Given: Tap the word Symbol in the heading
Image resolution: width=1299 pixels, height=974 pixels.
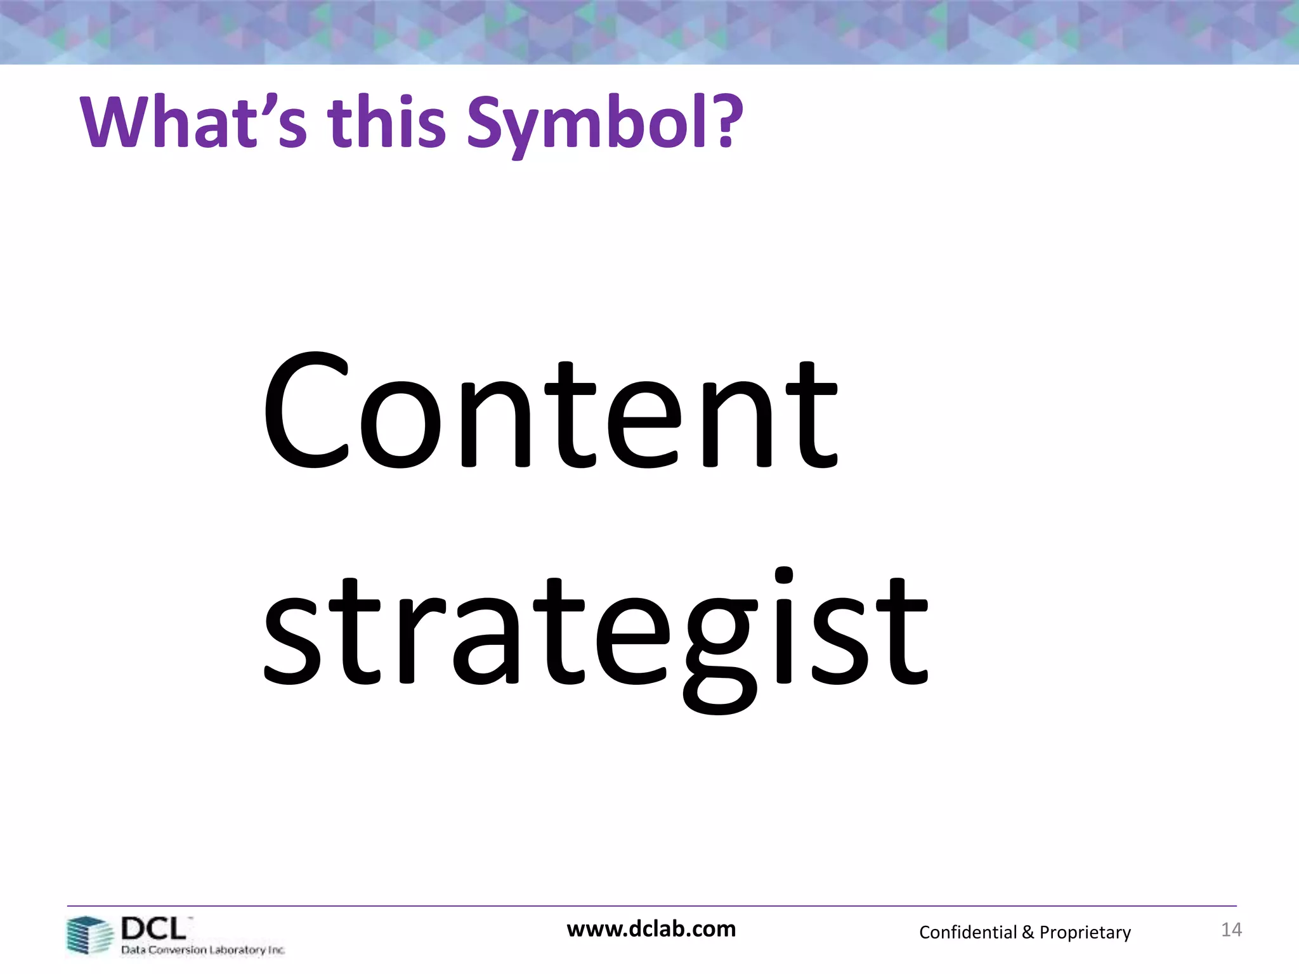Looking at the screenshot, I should click(593, 124).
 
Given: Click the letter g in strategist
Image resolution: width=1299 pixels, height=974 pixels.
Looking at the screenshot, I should click(720, 647).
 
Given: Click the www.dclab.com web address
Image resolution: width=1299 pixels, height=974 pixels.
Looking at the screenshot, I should click(651, 929).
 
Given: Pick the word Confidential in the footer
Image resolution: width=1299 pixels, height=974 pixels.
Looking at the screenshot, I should click(967, 932).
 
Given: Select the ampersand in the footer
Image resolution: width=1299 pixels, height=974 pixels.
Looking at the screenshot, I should click(1027, 932).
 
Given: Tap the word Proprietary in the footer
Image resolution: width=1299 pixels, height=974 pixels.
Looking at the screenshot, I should click(1085, 932).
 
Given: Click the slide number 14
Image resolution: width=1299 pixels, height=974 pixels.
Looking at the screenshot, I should click(1231, 930).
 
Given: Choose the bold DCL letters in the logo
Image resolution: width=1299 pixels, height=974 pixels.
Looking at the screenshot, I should click(153, 929).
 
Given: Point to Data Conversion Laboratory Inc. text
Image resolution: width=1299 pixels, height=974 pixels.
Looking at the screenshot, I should click(203, 950).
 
